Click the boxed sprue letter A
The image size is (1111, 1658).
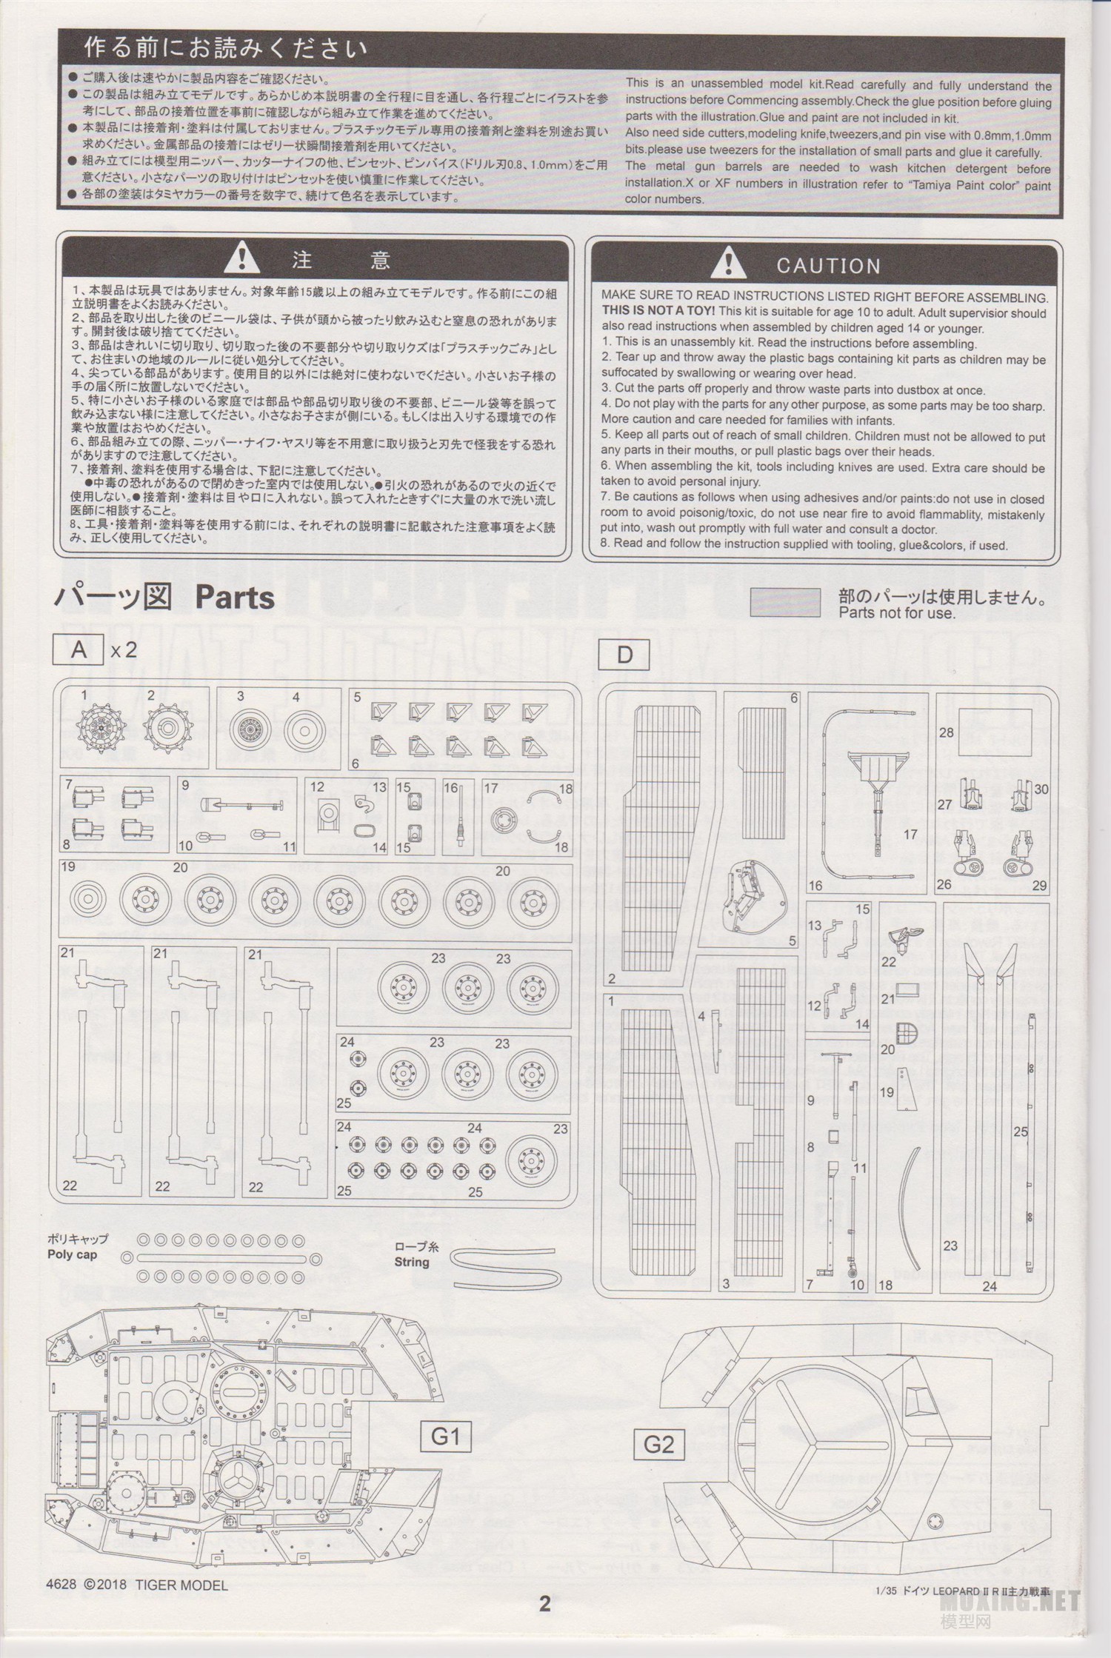pyautogui.click(x=78, y=650)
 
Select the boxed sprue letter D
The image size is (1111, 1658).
pyautogui.click(x=624, y=654)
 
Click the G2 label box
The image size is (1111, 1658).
pyautogui.click(x=658, y=1444)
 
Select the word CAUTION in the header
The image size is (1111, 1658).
pyautogui.click(x=829, y=266)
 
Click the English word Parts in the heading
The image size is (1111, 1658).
pyautogui.click(x=235, y=598)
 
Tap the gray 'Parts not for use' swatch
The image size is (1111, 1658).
pyautogui.click(x=785, y=602)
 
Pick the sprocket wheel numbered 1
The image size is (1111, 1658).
pyautogui.click(x=101, y=729)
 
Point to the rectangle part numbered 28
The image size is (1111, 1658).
pyautogui.click(x=995, y=731)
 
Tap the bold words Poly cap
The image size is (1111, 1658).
pyautogui.click(x=72, y=1254)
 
